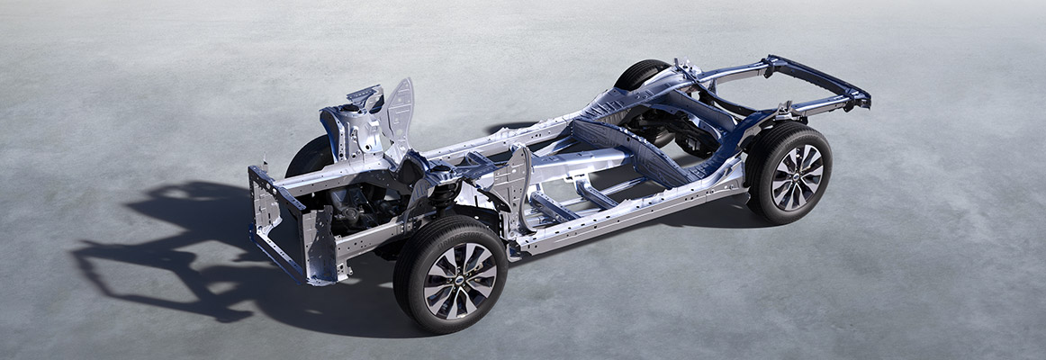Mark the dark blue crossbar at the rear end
(819, 76)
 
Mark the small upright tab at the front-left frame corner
(266, 166)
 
